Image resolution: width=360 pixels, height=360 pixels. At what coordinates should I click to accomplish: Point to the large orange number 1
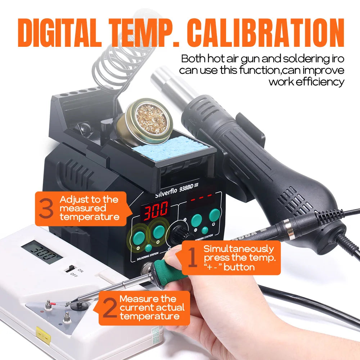(x=193, y=259)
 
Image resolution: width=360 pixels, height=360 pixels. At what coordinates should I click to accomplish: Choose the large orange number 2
(x=109, y=308)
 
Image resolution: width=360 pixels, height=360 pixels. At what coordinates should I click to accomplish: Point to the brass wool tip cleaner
(x=142, y=119)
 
